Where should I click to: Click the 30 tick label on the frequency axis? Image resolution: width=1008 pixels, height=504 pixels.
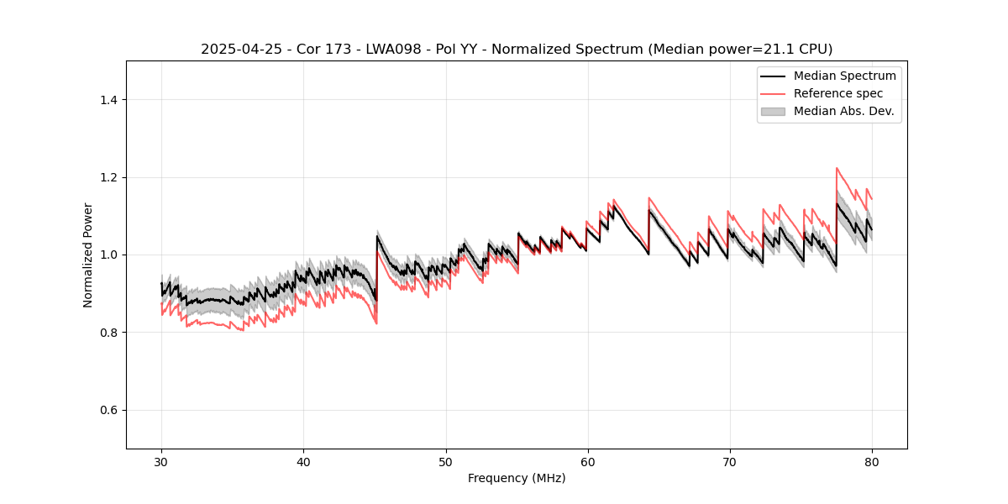pyautogui.click(x=161, y=461)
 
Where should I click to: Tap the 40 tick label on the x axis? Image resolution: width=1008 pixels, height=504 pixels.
pyautogui.click(x=303, y=461)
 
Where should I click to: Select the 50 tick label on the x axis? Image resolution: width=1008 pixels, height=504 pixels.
pyautogui.click(x=446, y=461)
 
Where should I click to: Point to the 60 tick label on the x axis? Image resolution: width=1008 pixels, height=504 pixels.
pyautogui.click(x=588, y=461)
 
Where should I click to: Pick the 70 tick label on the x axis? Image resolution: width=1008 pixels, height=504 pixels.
pyautogui.click(x=730, y=461)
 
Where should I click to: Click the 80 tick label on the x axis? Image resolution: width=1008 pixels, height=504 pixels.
pyautogui.click(x=872, y=461)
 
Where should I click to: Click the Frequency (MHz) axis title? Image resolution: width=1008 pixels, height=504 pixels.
pyautogui.click(x=517, y=478)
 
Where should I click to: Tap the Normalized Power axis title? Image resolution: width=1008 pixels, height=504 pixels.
pyautogui.click(x=88, y=255)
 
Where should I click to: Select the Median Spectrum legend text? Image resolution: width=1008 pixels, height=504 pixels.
pyautogui.click(x=844, y=76)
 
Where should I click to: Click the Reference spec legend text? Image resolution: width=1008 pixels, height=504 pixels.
pyautogui.click(x=838, y=93)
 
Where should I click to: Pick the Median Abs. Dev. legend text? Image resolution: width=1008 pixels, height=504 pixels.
pyautogui.click(x=843, y=111)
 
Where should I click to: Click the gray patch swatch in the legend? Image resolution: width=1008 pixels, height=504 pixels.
pyautogui.click(x=773, y=111)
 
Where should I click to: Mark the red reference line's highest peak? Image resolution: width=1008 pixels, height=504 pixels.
pyautogui.click(x=837, y=168)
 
